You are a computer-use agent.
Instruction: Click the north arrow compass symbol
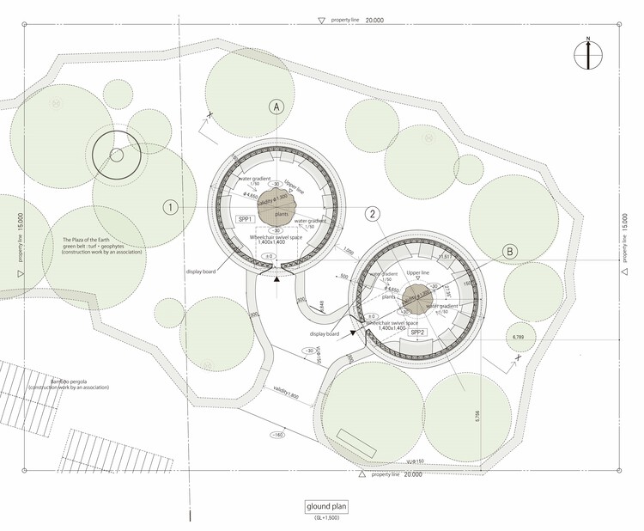point(589,55)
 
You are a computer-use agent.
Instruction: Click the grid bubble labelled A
point(276,107)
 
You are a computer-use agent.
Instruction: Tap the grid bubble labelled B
point(509,251)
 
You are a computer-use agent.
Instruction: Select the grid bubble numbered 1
point(170,207)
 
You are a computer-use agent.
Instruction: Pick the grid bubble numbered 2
point(372,214)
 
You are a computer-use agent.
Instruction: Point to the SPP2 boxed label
point(418,332)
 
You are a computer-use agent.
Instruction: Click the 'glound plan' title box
point(327,507)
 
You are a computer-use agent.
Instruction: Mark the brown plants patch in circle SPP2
point(416,300)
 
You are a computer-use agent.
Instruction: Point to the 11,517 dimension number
point(446,256)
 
